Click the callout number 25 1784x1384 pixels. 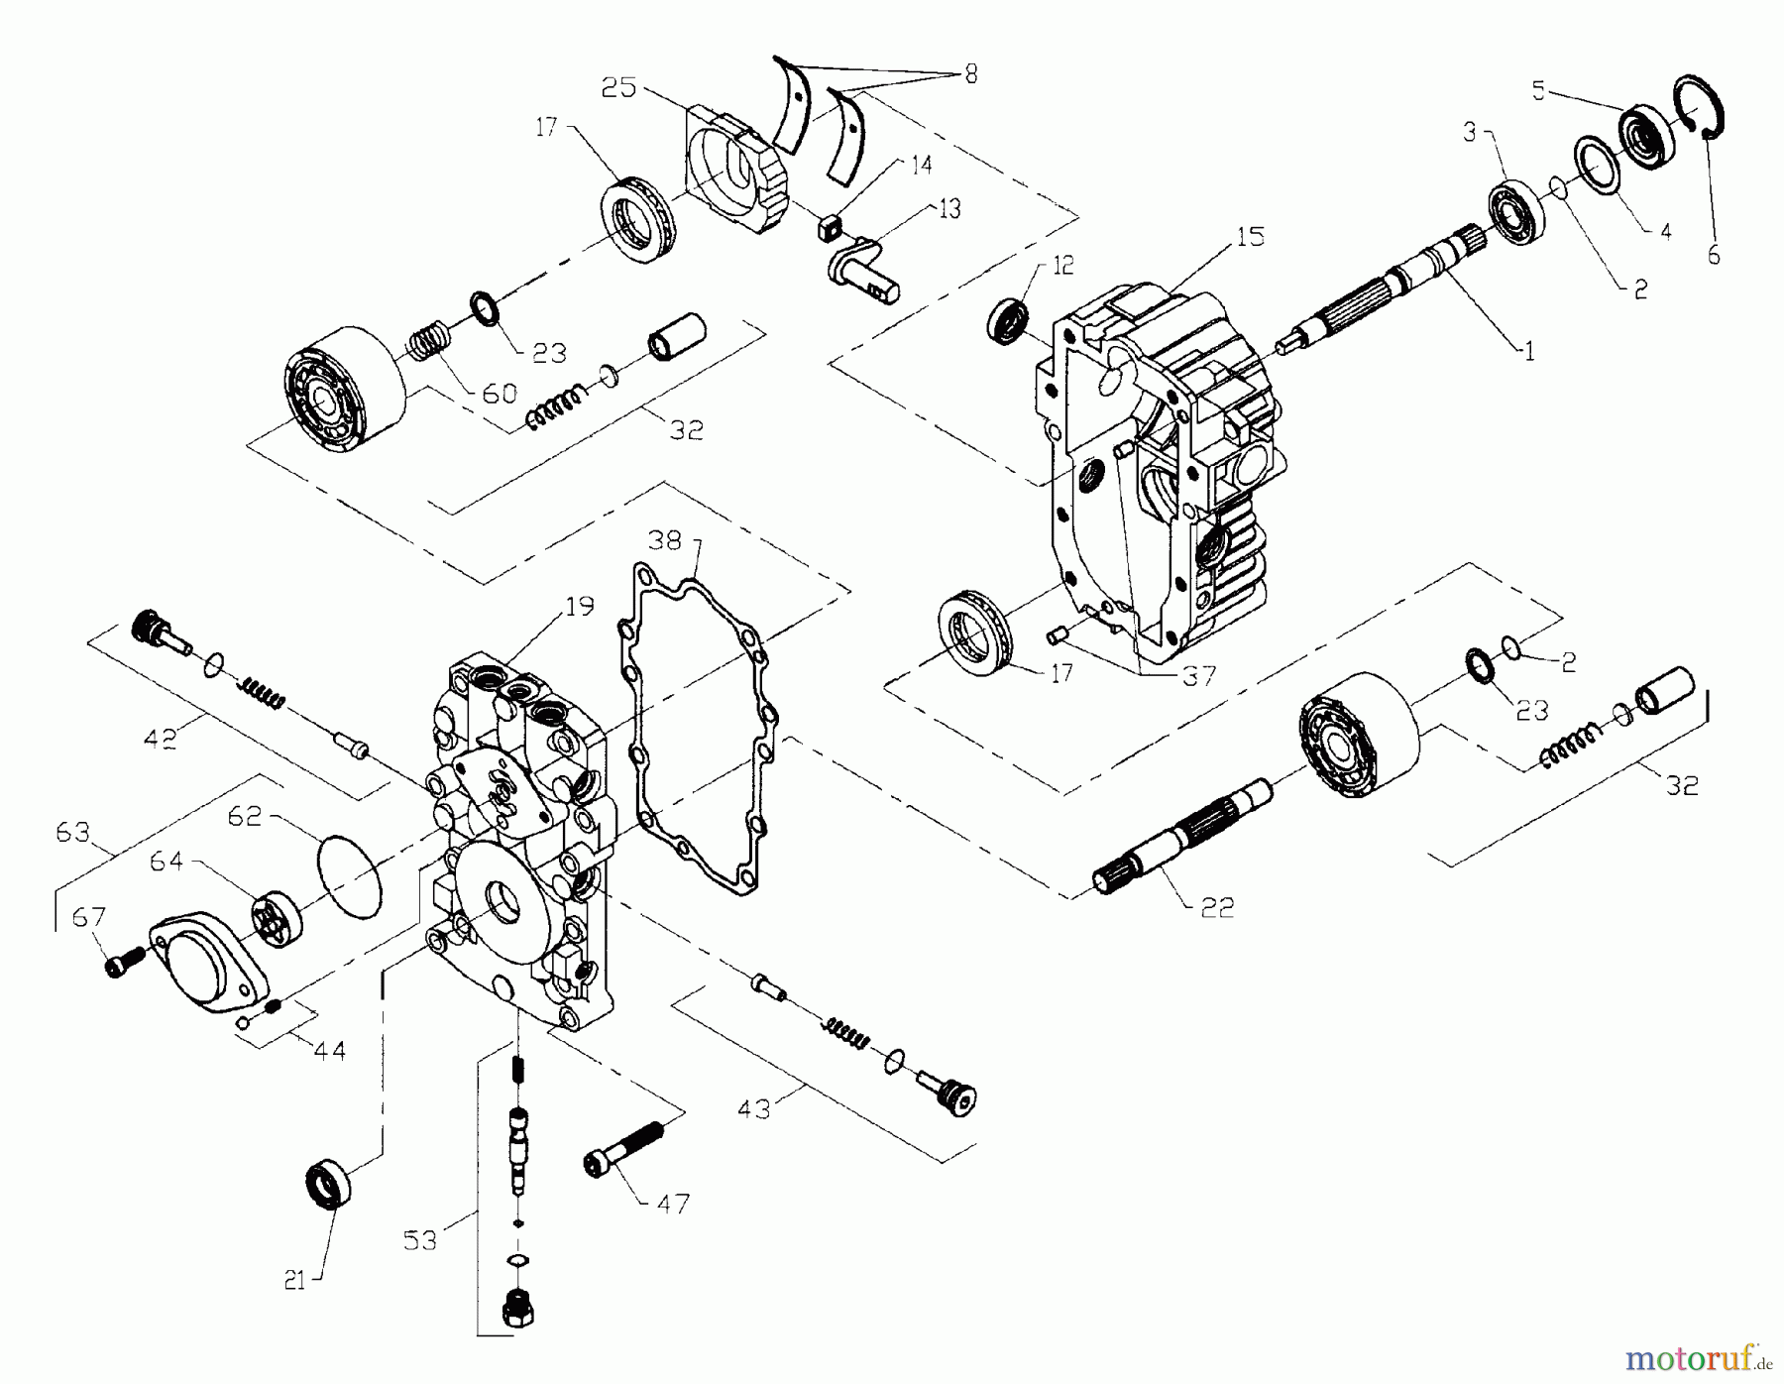[618, 87]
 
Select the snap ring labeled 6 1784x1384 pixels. [1703, 117]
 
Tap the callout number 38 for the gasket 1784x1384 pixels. [665, 540]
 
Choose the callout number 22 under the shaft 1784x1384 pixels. [1217, 907]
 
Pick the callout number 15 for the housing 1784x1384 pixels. [1251, 236]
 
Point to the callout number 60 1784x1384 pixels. [499, 394]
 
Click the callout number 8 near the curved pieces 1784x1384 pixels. [969, 74]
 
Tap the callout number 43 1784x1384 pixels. [754, 1107]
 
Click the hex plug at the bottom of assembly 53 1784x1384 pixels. [517, 1310]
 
